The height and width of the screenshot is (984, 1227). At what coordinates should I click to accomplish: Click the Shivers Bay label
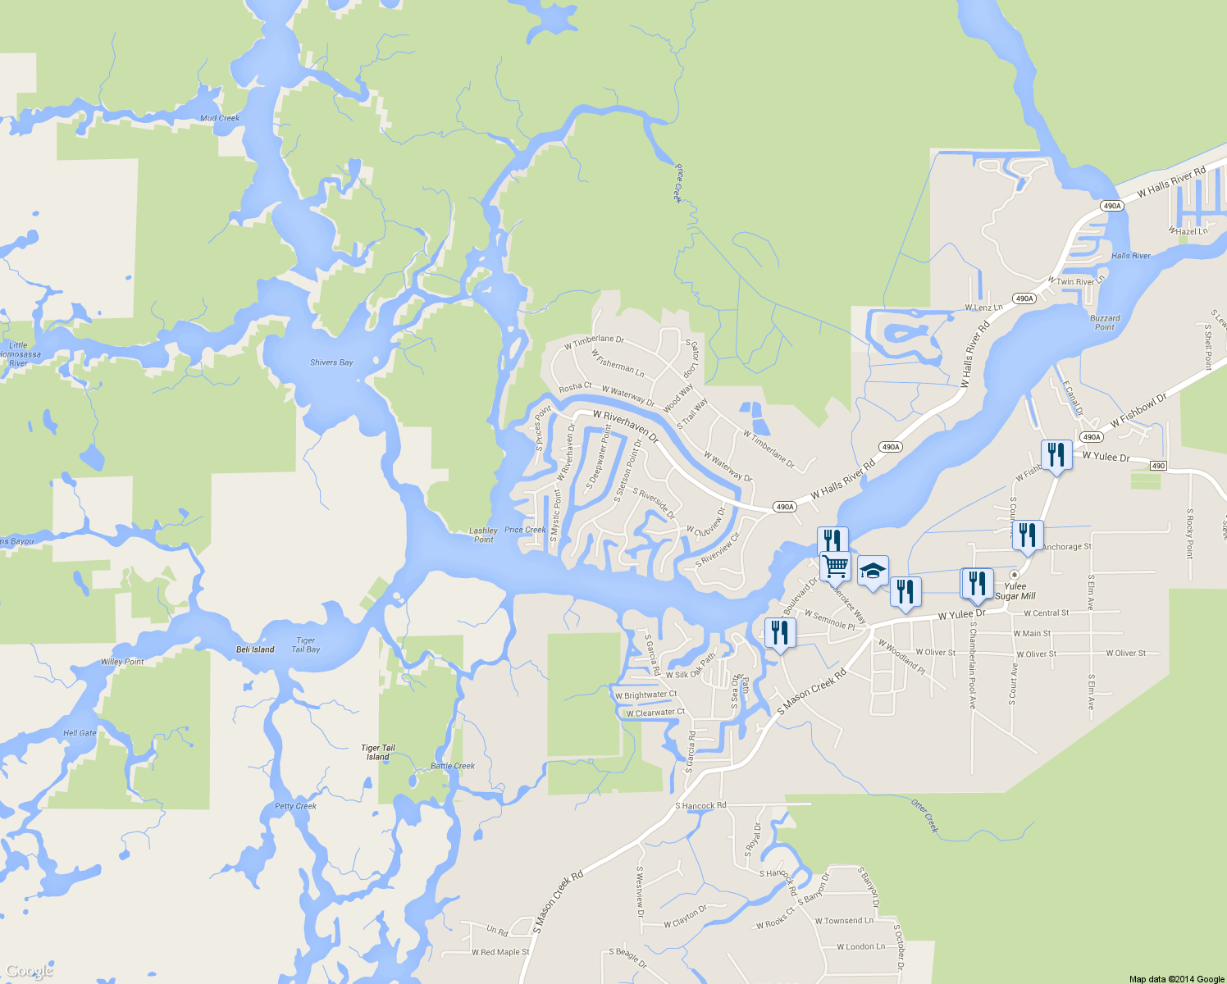[x=331, y=362]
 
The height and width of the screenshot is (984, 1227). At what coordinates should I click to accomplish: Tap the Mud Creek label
[x=220, y=118]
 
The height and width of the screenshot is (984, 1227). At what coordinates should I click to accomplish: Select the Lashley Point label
[x=484, y=535]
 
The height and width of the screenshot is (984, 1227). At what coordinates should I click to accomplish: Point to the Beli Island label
[x=255, y=649]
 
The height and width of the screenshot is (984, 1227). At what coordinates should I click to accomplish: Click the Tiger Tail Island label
[x=378, y=752]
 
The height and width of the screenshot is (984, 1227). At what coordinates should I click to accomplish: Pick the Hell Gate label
[x=80, y=733]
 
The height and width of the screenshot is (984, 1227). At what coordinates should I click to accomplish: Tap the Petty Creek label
[x=295, y=806]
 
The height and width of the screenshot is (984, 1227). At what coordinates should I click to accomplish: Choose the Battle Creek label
[x=453, y=766]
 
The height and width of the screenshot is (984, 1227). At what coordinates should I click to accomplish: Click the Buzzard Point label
[x=1105, y=322]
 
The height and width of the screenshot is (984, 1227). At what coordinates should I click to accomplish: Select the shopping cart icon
[x=835, y=565]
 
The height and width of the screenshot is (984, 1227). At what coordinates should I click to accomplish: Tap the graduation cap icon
[x=873, y=571]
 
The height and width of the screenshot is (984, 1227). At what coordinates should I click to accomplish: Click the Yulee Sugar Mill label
[x=1015, y=591]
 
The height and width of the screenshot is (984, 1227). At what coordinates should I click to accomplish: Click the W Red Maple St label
[x=500, y=952]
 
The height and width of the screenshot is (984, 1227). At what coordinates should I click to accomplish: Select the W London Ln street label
[x=860, y=946]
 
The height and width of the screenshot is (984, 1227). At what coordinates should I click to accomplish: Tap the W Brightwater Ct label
[x=646, y=695]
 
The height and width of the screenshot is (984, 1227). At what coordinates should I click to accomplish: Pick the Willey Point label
[x=122, y=662]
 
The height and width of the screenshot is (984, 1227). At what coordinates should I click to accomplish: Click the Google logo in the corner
[x=30, y=972]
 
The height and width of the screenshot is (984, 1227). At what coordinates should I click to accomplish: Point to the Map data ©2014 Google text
[x=1176, y=979]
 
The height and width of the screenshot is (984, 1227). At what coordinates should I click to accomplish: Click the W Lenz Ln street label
[x=983, y=307]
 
